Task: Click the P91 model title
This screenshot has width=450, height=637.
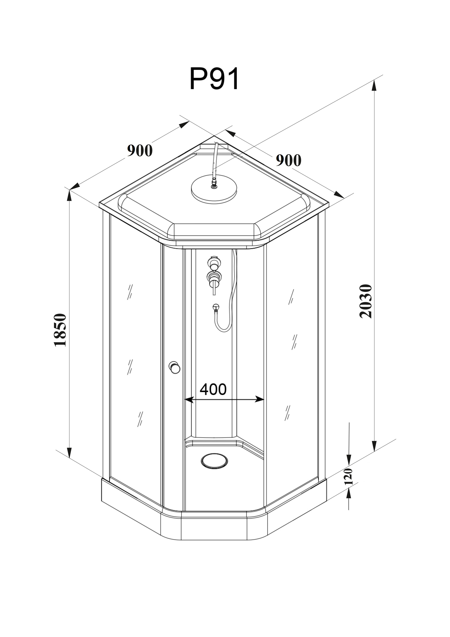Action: pos(214,78)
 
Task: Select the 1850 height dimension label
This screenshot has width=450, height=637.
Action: pos(60,330)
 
